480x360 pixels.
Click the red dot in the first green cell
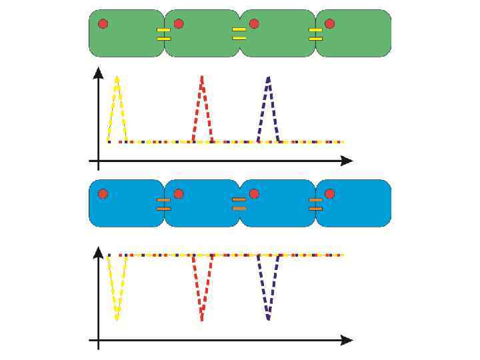[x=103, y=24]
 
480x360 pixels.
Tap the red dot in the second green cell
[x=179, y=24]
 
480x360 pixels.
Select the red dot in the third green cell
[x=254, y=24]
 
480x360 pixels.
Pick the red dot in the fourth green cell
[x=329, y=24]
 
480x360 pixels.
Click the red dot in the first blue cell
[x=103, y=194]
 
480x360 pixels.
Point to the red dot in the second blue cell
[x=179, y=194]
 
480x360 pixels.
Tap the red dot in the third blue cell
[x=254, y=194]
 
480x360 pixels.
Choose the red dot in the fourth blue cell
[x=329, y=194]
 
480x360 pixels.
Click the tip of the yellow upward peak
[x=117, y=78]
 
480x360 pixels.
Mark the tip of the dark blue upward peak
[x=269, y=78]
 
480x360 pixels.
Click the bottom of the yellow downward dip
[x=117, y=319]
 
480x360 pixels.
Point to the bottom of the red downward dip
[x=202, y=320]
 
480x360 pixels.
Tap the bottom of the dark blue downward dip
[x=269, y=319]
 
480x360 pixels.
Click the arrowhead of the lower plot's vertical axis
[x=99, y=251]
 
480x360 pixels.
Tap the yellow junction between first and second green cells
[x=163, y=34]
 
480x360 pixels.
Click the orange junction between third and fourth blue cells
[x=315, y=204]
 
